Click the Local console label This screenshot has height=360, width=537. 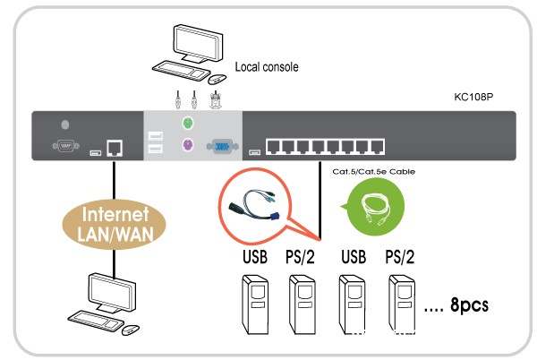[x=266, y=66]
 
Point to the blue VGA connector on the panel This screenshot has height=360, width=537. [x=220, y=147]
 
